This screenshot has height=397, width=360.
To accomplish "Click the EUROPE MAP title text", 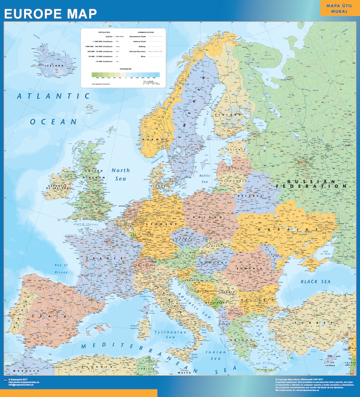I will [50, 13].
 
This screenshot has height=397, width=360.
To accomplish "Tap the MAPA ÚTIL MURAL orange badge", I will [339, 8].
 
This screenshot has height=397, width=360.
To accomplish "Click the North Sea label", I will [121, 174].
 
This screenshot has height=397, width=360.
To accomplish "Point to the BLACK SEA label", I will [316, 281].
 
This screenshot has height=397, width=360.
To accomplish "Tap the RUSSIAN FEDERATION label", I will [311, 184].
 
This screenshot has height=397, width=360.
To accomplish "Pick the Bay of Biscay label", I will [61, 268].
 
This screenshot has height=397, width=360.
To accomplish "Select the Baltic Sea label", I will [205, 179].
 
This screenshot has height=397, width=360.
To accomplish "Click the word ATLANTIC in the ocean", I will [54, 96].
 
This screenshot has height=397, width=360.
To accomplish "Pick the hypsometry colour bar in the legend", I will [125, 75].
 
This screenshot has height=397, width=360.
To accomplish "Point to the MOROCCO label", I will [26, 370].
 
